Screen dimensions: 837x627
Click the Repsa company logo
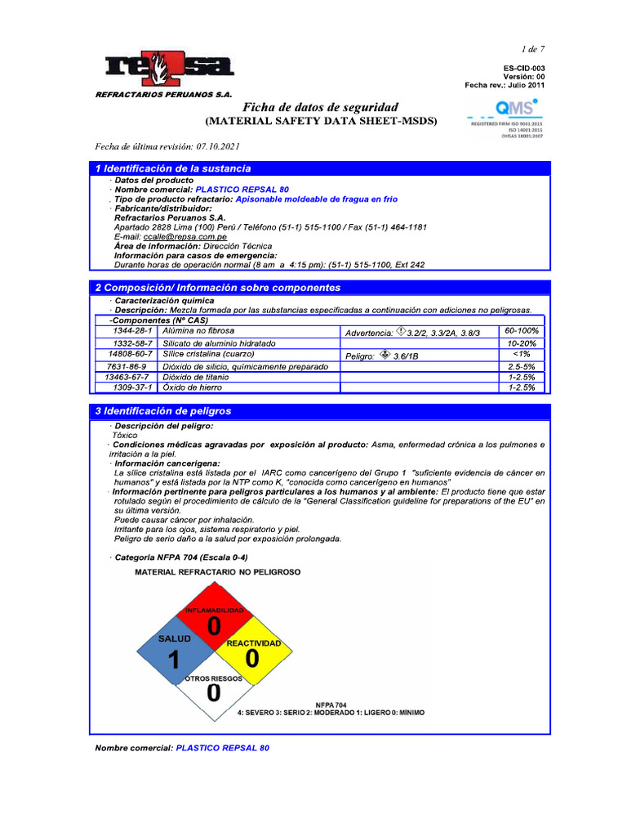point(169,70)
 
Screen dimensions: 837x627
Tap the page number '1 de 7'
point(533,50)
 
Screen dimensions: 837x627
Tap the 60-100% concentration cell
point(522,331)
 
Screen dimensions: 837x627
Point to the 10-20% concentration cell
point(522,343)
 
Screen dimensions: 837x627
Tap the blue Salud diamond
point(174,657)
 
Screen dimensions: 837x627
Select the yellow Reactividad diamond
point(253,656)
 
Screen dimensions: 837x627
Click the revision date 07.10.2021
point(217,146)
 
